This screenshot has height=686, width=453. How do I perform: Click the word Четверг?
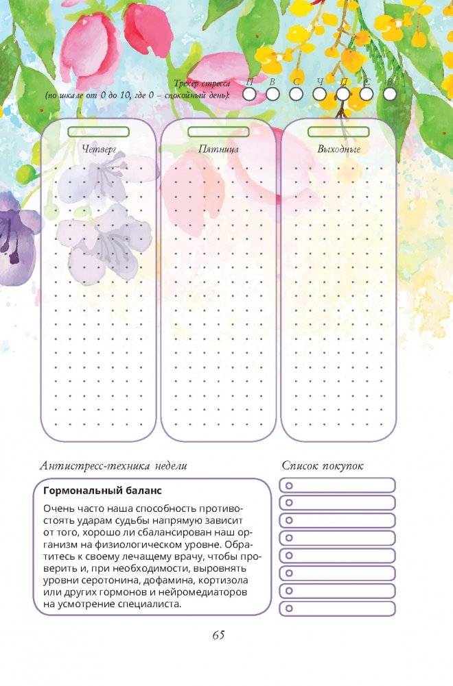tap(100, 148)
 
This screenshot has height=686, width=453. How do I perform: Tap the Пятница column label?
tap(219, 148)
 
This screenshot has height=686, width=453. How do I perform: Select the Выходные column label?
tap(338, 148)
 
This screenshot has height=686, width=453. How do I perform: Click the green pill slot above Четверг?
tap(100, 131)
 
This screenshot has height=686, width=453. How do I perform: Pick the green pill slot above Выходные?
tap(338, 131)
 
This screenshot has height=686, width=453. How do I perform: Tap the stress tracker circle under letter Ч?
tap(319, 94)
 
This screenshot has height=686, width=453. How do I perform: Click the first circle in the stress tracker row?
tap(248, 94)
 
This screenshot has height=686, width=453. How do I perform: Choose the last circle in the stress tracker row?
tap(390, 94)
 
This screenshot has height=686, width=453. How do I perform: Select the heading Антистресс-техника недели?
tap(113, 466)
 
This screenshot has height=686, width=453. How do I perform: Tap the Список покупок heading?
tap(323, 466)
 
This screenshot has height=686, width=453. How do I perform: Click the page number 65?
tap(218, 635)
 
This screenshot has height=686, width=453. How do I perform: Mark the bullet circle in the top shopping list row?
tap(289, 485)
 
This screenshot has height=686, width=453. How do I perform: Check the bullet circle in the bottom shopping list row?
tap(289, 608)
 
